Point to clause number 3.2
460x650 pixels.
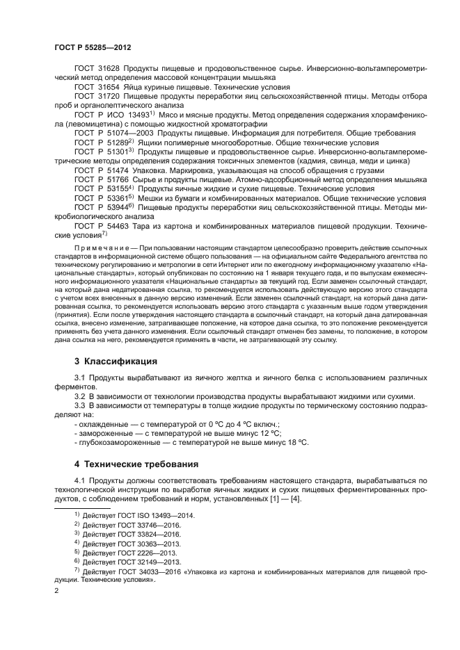point(80,396)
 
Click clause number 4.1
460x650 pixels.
point(80,480)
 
